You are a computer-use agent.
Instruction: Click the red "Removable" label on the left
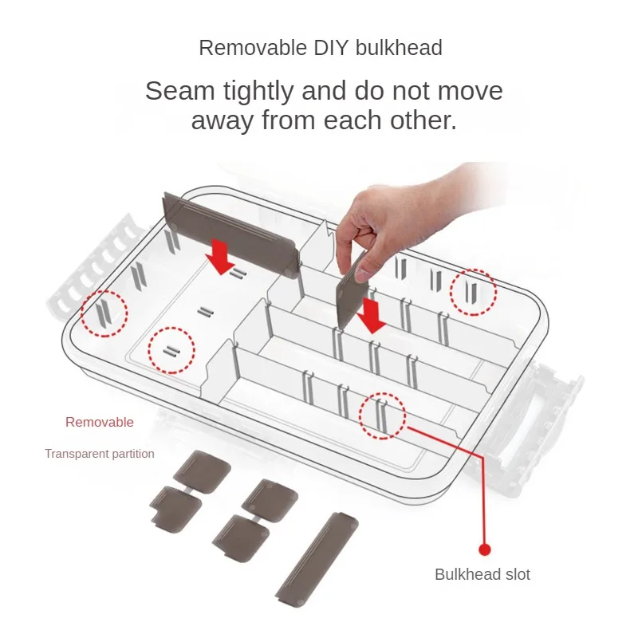pyautogui.click(x=100, y=422)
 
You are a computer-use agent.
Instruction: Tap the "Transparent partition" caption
pyautogui.click(x=100, y=454)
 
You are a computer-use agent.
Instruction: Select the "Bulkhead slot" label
pyautogui.click(x=482, y=574)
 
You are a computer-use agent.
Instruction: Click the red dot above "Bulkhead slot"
pyautogui.click(x=484, y=549)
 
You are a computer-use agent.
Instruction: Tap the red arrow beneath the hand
pyautogui.click(x=371, y=316)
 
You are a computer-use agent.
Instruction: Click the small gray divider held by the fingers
pyautogui.click(x=352, y=291)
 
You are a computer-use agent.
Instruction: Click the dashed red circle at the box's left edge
pyautogui.click(x=103, y=313)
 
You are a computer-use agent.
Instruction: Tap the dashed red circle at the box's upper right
pyautogui.click(x=473, y=291)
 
